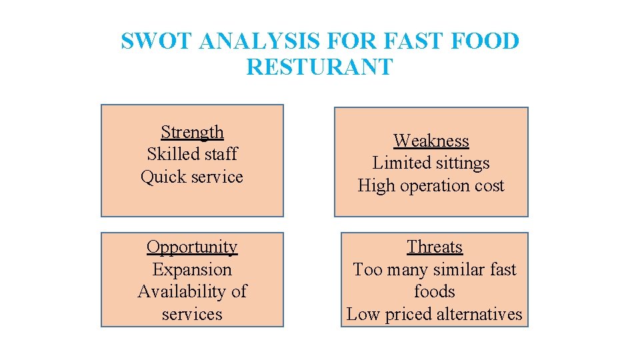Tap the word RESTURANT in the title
[319, 67]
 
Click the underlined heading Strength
[192, 132]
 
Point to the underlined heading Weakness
[431, 141]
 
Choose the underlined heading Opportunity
[192, 247]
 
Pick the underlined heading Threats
[435, 247]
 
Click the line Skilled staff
[192, 154]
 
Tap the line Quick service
[192, 177]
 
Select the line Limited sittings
[431, 163]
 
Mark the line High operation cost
[431, 185]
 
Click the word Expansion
[192, 269]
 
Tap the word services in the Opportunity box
[192, 314]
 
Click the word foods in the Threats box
[435, 291]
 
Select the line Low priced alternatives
[435, 314]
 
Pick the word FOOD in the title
[486, 41]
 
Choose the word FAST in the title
[413, 41]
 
